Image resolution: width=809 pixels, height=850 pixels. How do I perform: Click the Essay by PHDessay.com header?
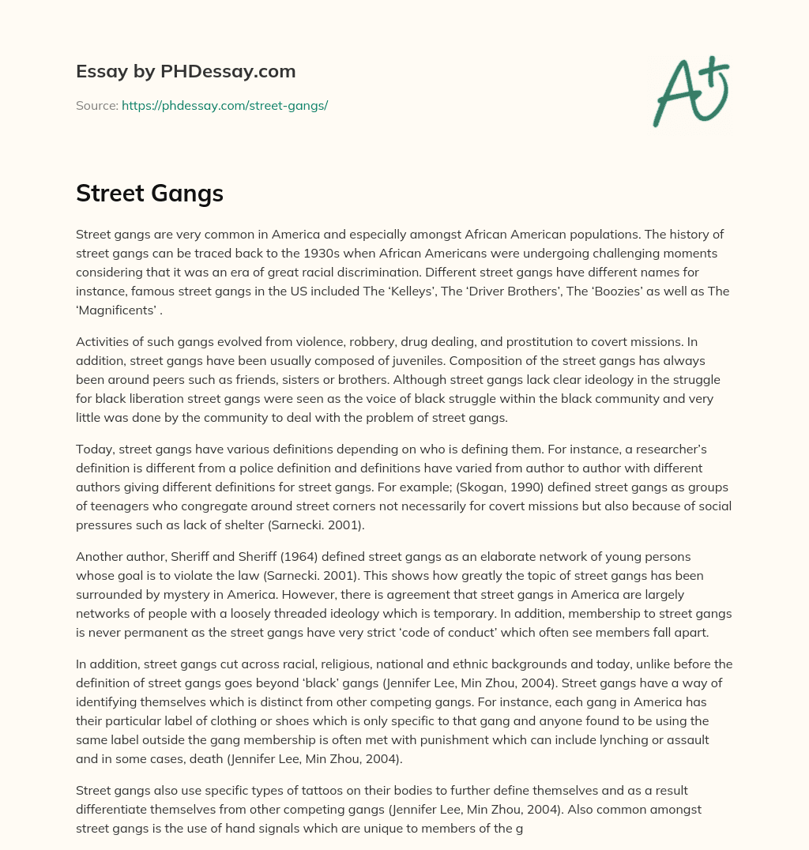pyautogui.click(x=186, y=72)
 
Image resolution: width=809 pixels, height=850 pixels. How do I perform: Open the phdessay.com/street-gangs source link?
pyautogui.click(x=224, y=105)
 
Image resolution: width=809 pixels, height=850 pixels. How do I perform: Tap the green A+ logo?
pyautogui.click(x=690, y=92)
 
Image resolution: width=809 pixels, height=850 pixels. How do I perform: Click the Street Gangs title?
pyautogui.click(x=149, y=193)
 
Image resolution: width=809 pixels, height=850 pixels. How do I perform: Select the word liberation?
pyautogui.click(x=171, y=398)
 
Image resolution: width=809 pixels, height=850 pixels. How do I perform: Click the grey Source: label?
pyautogui.click(x=97, y=105)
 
